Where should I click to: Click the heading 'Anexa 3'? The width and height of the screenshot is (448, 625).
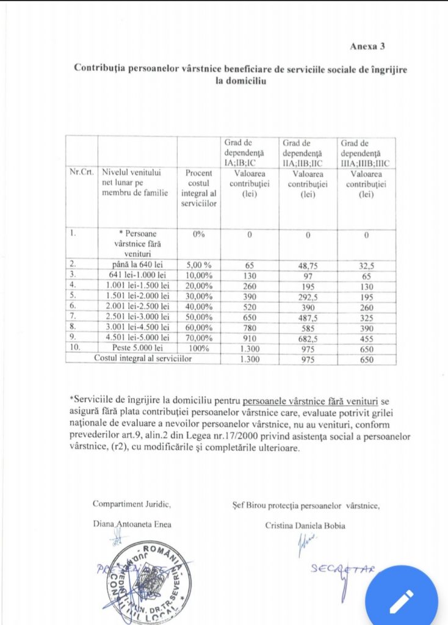(367, 46)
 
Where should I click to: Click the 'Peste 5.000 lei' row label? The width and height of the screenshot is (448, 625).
(137, 348)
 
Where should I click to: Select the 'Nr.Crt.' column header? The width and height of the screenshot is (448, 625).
(82, 173)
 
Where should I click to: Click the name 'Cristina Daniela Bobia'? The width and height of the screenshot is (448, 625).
(305, 526)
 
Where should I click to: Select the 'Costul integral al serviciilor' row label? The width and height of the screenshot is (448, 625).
(143, 359)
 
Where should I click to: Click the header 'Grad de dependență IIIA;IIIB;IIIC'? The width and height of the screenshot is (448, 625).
(366, 153)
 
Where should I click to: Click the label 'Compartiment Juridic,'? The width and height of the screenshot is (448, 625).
(132, 504)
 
